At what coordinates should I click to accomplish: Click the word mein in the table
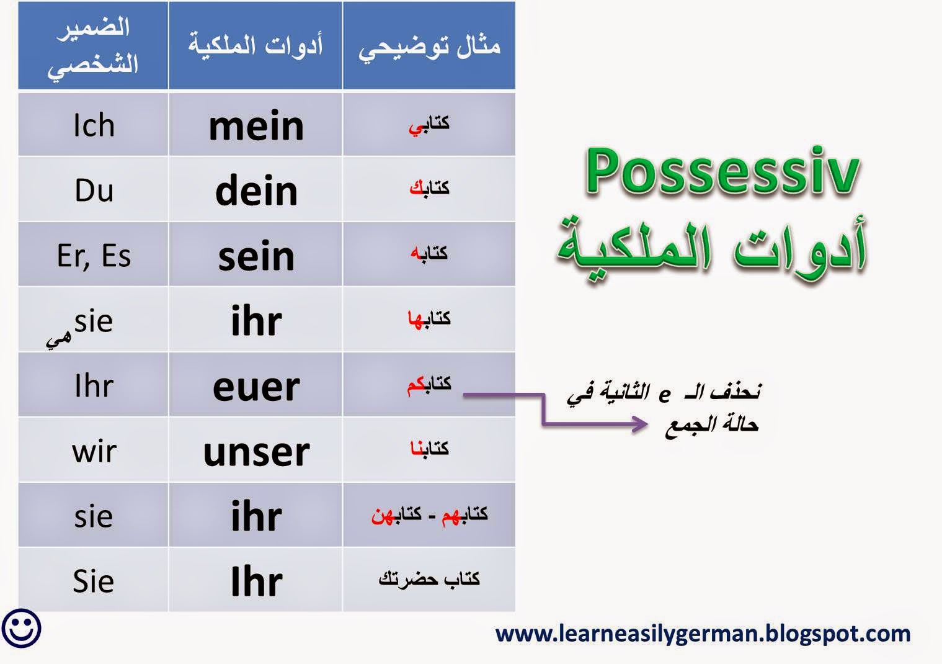click(256, 126)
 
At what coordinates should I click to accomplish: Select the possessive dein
click(256, 190)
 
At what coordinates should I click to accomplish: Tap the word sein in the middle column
click(256, 256)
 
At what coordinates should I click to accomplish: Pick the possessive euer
click(256, 387)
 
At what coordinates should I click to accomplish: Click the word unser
click(256, 452)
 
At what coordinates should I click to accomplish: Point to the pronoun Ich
click(94, 125)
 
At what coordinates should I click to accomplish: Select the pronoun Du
click(94, 190)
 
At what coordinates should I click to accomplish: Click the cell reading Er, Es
click(94, 256)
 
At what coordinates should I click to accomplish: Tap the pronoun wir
click(94, 452)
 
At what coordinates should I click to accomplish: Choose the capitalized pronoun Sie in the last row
click(94, 581)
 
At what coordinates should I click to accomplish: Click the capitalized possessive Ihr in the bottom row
click(256, 581)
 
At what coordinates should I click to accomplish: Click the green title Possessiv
click(722, 172)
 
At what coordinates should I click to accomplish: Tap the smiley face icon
click(22, 628)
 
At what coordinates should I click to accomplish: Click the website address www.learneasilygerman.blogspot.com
click(703, 634)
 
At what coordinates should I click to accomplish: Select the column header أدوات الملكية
click(255, 45)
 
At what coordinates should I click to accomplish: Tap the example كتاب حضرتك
click(429, 578)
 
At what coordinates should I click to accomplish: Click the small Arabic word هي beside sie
click(58, 339)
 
